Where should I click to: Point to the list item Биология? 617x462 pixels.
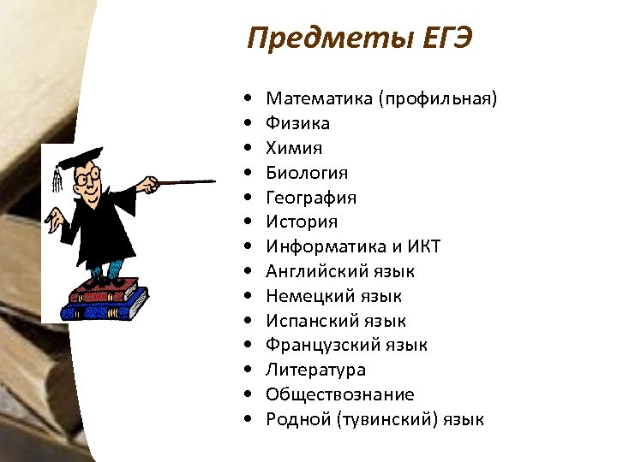[x=307, y=173]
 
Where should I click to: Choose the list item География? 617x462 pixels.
[x=311, y=198]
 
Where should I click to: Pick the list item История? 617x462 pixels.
[x=302, y=222]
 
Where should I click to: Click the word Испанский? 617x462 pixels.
[x=312, y=322]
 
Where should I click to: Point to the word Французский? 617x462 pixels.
[x=320, y=346]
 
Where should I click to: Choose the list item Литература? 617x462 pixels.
[x=315, y=370]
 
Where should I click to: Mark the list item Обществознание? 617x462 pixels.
[x=340, y=395]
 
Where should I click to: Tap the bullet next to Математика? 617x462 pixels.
[x=247, y=99]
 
